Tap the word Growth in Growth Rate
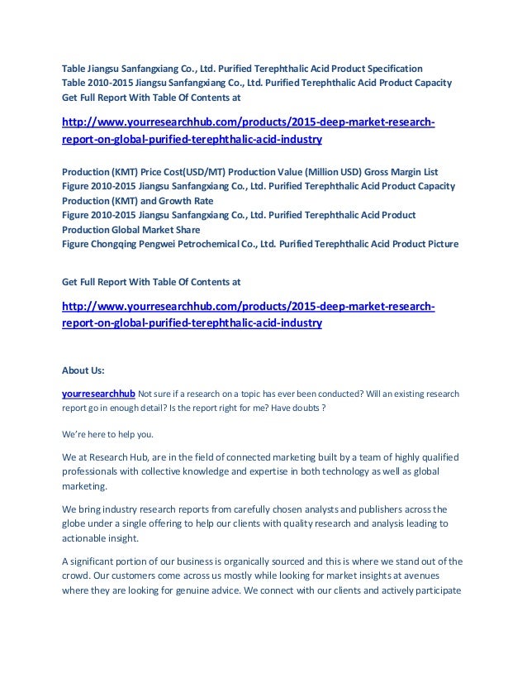173,201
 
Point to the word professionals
96,471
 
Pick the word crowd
80,576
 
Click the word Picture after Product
436,244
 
